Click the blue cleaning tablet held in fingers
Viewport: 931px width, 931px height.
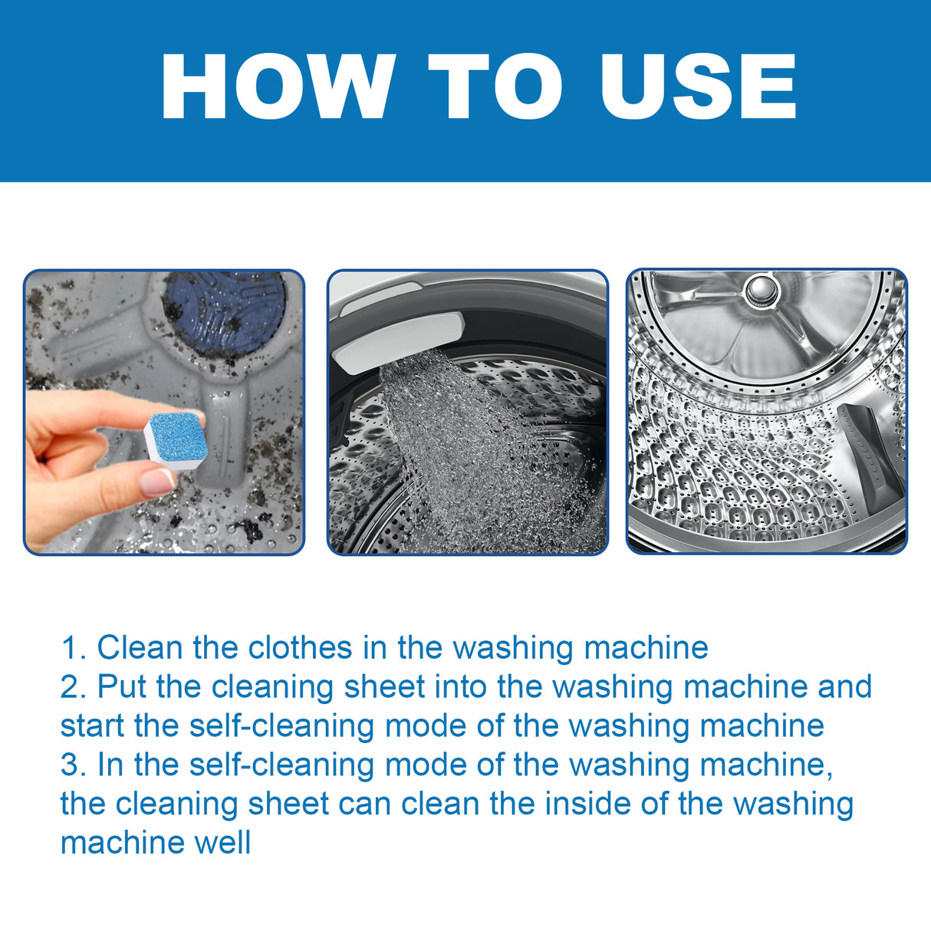pos(174,436)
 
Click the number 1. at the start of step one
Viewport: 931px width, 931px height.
pos(74,648)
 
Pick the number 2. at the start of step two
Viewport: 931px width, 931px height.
pos(74,687)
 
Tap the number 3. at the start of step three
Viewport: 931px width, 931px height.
pos(74,765)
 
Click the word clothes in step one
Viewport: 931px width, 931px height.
pos(300,648)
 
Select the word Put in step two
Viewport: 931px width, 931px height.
pos(122,687)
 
